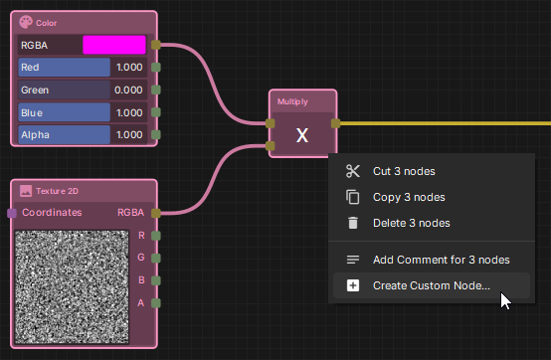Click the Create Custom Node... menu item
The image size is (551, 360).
(431, 286)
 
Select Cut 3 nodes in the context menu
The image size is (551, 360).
(404, 171)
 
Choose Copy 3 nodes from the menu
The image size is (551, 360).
(408, 197)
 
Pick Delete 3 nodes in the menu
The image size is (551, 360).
(411, 223)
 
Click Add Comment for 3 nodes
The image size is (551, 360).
(441, 260)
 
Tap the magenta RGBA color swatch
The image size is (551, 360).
(113, 45)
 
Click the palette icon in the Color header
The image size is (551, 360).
(26, 22)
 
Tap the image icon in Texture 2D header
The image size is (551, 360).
(26, 191)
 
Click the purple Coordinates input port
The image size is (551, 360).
(12, 213)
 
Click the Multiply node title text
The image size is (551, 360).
(292, 101)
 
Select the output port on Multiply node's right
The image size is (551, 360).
(336, 123)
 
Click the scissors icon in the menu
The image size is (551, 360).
(352, 171)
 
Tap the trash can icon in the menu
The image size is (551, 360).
(352, 223)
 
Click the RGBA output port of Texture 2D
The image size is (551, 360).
(156, 213)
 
